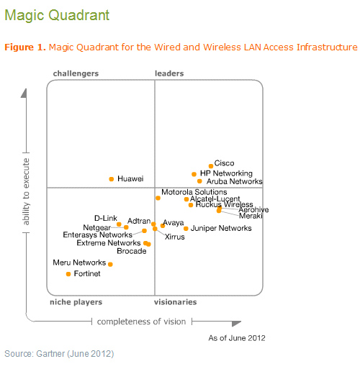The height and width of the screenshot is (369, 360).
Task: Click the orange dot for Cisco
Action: click(210, 166)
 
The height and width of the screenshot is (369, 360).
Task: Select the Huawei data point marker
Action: click(111, 178)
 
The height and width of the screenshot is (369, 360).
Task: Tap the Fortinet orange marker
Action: click(68, 274)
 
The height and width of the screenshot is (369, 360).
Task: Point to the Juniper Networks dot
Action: click(186, 229)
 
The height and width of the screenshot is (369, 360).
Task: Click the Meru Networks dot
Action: click(110, 264)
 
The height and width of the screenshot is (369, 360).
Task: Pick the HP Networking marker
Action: click(194, 174)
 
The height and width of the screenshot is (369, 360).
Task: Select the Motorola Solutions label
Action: click(194, 193)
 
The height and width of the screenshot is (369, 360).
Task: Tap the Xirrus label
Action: click(174, 237)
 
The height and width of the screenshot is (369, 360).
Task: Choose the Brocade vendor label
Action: click(131, 251)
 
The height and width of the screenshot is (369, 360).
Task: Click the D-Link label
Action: click(106, 218)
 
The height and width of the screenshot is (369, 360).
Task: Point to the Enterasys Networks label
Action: click(98, 234)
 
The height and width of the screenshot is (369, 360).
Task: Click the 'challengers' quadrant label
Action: click(76, 73)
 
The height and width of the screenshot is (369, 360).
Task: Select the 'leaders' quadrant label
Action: click(169, 73)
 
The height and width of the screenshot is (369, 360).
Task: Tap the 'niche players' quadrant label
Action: click(76, 302)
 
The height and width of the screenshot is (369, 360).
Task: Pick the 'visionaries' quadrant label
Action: click(175, 302)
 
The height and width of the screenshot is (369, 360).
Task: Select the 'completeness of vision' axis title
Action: click(141, 322)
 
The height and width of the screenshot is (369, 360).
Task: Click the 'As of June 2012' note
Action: click(237, 337)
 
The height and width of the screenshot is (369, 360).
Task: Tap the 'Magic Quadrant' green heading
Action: click(47, 14)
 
